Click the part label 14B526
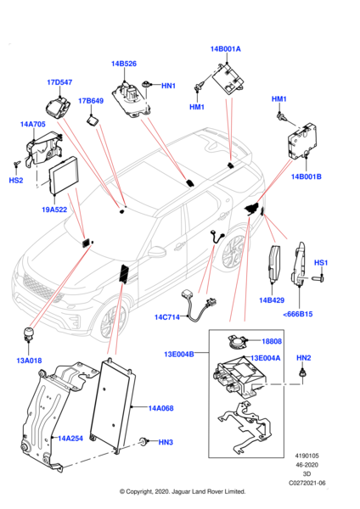point(124,64)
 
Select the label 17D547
point(59,82)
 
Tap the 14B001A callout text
point(226,49)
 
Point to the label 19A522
point(54,210)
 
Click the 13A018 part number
point(29,361)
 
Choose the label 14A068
point(160,408)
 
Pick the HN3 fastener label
point(166,442)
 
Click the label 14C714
point(167,317)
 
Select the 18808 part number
point(272,341)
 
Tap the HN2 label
point(304,358)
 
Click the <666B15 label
point(298,314)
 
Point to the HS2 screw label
point(16,180)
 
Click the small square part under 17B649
point(92,121)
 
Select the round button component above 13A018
point(28,333)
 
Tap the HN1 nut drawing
point(147,84)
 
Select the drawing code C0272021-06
point(307,483)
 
